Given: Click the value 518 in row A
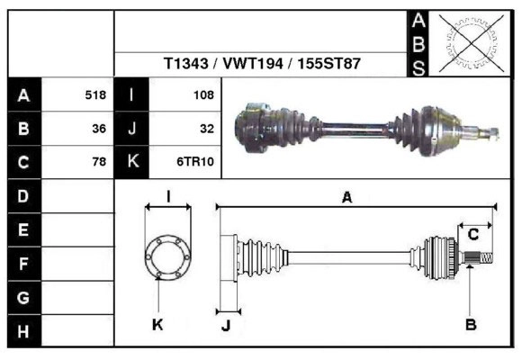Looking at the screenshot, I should pyautogui.click(x=95, y=95).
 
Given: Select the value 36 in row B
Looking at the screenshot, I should pyautogui.click(x=99, y=129).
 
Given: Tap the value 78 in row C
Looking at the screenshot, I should pyautogui.click(x=99, y=163).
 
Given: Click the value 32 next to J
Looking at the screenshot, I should pyautogui.click(x=206, y=129).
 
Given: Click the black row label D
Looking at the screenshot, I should pyautogui.click(x=23, y=195).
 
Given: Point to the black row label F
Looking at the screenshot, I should pyautogui.click(x=23, y=264).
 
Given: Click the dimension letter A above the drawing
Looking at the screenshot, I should pyautogui.click(x=346, y=198).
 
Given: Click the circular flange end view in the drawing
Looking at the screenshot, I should pyautogui.click(x=167, y=255).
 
